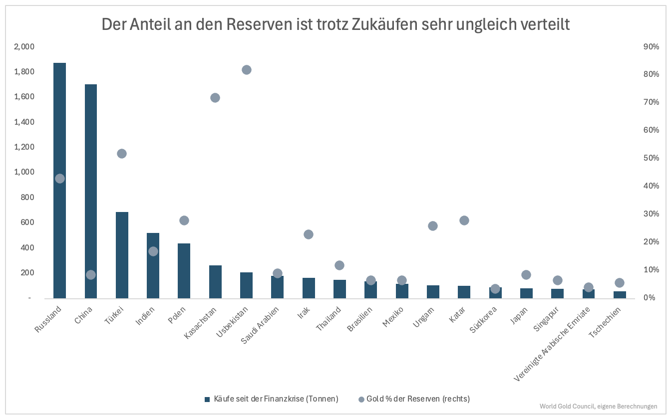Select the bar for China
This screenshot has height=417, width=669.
91,200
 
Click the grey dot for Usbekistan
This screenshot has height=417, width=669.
246,70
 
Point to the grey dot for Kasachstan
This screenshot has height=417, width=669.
215,98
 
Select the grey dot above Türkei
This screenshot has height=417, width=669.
122,154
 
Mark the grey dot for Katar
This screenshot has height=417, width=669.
464,220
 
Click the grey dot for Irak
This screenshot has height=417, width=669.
309,234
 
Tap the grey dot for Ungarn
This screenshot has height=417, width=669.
433,226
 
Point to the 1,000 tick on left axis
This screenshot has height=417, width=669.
23,172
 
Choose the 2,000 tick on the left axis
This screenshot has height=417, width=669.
23,46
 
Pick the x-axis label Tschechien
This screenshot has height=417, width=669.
605,323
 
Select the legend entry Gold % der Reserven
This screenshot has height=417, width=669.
414,399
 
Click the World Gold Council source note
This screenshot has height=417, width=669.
598,407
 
